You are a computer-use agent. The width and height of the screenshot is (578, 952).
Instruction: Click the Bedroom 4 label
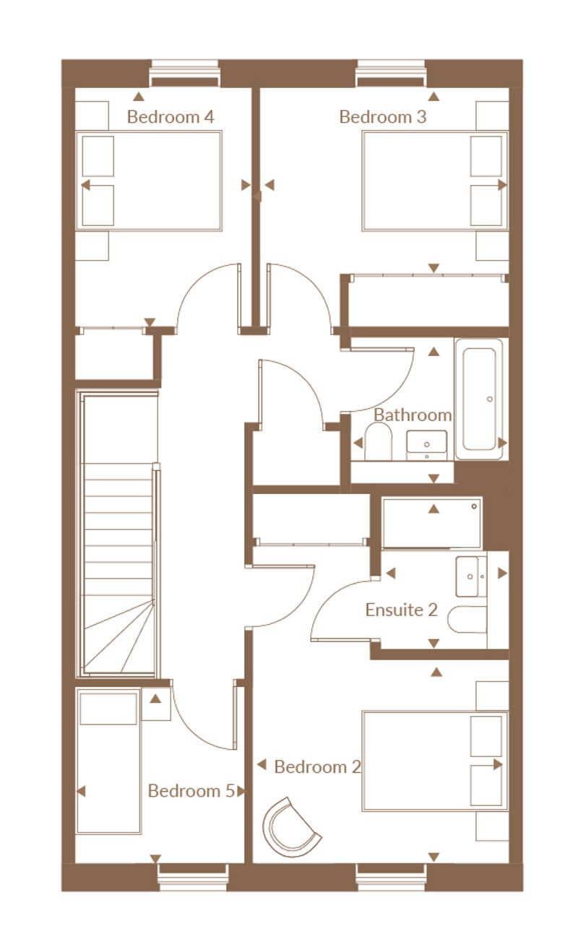point(170,117)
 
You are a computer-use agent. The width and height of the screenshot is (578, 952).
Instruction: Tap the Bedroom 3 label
point(382,117)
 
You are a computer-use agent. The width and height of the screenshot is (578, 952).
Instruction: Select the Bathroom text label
point(413,415)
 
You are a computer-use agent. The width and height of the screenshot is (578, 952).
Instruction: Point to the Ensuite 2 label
point(401,610)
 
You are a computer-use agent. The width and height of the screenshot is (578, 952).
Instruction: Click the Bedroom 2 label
point(317,766)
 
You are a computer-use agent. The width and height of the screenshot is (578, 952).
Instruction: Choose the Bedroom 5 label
point(191,791)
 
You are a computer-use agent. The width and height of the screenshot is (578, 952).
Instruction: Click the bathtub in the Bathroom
point(479,399)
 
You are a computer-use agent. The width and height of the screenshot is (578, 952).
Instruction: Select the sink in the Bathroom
point(427,445)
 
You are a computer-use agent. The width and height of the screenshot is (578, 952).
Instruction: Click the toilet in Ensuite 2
point(467,619)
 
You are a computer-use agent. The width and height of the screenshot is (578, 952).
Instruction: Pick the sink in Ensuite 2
point(471,576)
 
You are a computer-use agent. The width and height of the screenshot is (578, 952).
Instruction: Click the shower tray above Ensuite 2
point(432,523)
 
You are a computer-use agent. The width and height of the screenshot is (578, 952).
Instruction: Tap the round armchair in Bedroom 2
point(290,826)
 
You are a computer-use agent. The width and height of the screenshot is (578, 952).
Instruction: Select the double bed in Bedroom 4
point(149,181)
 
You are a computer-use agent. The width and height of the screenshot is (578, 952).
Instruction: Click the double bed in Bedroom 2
point(435,761)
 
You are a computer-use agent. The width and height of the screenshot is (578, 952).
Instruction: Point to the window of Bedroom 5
point(192,877)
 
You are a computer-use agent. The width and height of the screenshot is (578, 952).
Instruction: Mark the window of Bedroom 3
point(391,73)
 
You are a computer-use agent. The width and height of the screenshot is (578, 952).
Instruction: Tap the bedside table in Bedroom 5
point(156,704)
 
